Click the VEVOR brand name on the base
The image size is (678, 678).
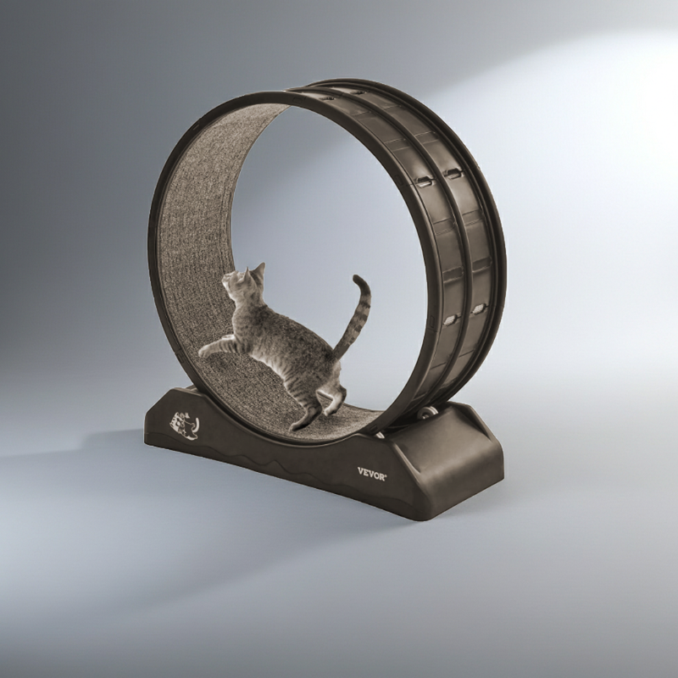click(372, 474)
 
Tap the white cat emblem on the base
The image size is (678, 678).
click(184, 425)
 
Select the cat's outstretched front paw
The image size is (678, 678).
click(203, 353)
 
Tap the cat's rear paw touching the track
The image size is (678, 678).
click(297, 425)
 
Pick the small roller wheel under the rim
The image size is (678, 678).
click(429, 413)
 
